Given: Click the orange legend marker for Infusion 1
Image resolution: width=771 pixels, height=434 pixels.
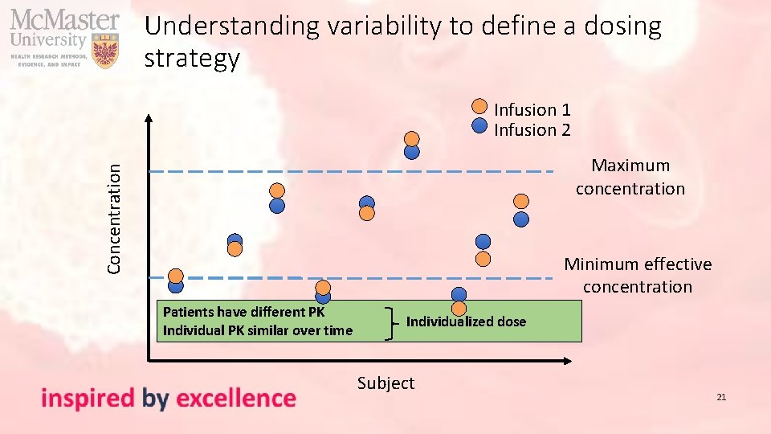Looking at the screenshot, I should point(479,106).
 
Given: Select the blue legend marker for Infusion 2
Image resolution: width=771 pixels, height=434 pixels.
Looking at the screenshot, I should point(479,125).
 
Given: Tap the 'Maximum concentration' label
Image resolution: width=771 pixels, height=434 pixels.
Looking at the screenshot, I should point(630,177).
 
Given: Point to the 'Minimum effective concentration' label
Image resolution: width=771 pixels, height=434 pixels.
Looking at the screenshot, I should point(638,275).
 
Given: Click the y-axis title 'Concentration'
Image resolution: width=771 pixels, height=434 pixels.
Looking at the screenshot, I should point(116,217).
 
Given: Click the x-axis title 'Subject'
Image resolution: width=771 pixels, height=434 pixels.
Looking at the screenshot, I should point(385,383).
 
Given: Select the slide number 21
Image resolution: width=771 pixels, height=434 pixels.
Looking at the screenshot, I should point(721,397).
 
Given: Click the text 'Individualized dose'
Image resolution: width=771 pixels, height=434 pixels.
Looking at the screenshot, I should point(466,321).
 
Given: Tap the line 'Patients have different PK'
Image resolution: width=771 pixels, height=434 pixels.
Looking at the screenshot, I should point(243,312).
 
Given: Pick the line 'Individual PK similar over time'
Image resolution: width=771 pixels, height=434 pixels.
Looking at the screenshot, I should point(257,330).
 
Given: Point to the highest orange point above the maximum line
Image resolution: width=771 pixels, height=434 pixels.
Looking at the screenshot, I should point(412,137).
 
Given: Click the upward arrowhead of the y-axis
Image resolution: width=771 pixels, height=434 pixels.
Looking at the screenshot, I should point(149,119).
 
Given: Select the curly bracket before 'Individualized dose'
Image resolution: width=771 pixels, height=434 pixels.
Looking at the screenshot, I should point(391,322).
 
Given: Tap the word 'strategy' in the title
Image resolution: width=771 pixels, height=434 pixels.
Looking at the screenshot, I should point(192,59).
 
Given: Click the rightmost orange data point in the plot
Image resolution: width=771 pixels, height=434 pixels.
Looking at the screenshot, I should point(521,201).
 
